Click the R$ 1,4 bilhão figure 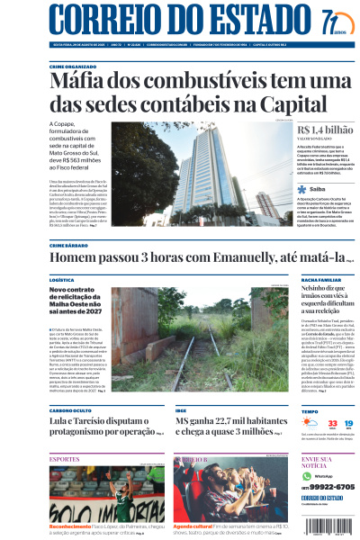tap(325, 131)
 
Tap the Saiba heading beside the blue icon tap(318, 190)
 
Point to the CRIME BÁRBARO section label tap(67, 245)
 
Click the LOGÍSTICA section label tap(62, 280)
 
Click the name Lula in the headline tap(59, 420)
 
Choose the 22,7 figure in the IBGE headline tap(227, 420)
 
